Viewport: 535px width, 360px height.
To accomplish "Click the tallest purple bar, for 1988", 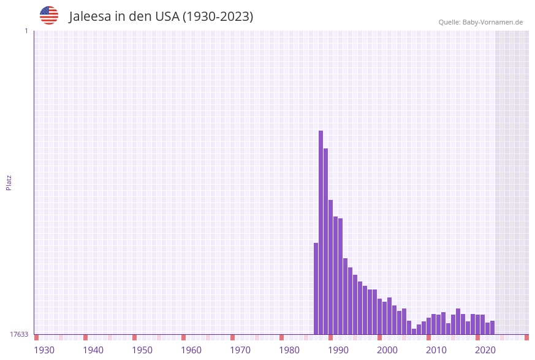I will pyautogui.click(x=321, y=232).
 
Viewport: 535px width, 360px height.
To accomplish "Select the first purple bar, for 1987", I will pyautogui.click(x=316, y=288).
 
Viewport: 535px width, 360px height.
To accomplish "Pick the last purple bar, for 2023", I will pyautogui.click(x=492, y=327).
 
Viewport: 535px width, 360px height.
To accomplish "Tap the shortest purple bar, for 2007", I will pyautogui.click(x=414, y=331).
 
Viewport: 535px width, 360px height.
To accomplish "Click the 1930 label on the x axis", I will pyautogui.click(x=44, y=350).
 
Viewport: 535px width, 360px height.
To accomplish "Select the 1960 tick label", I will pyautogui.click(x=191, y=350).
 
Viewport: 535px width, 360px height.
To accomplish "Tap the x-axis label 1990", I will pyautogui.click(x=338, y=350).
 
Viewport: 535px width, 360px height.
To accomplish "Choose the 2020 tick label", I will pyautogui.click(x=485, y=350).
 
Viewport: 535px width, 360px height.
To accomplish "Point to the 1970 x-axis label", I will pyautogui.click(x=240, y=350).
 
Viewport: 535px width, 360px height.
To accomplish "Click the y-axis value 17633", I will pyautogui.click(x=19, y=334).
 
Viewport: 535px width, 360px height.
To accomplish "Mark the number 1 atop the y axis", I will pyautogui.click(x=26, y=31).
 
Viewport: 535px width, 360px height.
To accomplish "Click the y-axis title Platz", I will pyautogui.click(x=9, y=182).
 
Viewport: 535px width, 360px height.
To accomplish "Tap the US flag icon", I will pyautogui.click(x=49, y=15).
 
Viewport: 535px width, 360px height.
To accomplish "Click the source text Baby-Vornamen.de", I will pyautogui.click(x=493, y=22).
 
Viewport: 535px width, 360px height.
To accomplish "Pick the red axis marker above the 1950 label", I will pyautogui.click(x=134, y=337).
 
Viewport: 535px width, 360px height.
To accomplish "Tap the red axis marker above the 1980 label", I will pyautogui.click(x=281, y=337).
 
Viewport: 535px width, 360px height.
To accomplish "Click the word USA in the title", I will pyautogui.click(x=167, y=17).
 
